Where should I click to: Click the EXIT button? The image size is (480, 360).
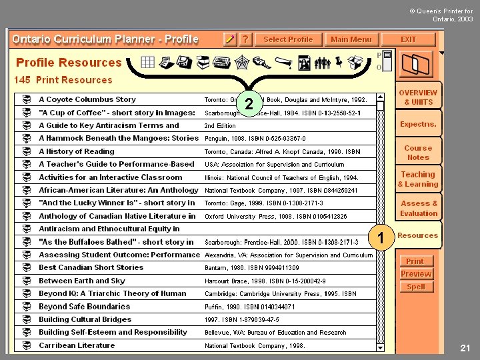pyautogui.click(x=408, y=39)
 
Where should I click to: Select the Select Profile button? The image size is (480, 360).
pyautogui.click(x=287, y=39)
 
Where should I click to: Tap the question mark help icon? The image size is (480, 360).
pyautogui.click(x=245, y=39)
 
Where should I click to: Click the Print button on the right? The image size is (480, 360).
pyautogui.click(x=415, y=261)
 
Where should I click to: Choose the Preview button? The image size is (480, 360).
pyautogui.click(x=415, y=274)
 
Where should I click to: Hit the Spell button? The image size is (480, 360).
pyautogui.click(x=415, y=287)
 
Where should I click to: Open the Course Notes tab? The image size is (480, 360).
pyautogui.click(x=418, y=153)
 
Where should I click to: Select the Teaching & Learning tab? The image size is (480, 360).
pyautogui.click(x=418, y=179)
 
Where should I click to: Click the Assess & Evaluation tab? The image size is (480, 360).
pyautogui.click(x=419, y=208)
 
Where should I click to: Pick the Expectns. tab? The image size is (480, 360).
pyautogui.click(x=418, y=124)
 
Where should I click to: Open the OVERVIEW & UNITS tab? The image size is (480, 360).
pyautogui.click(x=418, y=97)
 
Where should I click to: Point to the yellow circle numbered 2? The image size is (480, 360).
pyautogui.click(x=249, y=104)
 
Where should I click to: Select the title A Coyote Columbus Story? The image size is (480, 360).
pyautogui.click(x=87, y=99)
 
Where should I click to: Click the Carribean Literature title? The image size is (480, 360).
pyautogui.click(x=77, y=345)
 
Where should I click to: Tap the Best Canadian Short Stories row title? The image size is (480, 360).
pyautogui.click(x=91, y=267)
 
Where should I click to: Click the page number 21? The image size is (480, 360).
pyautogui.click(x=465, y=348)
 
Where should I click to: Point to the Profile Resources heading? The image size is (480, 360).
pyautogui.click(x=69, y=63)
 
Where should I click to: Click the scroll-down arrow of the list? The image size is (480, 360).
pyautogui.click(x=380, y=347)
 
